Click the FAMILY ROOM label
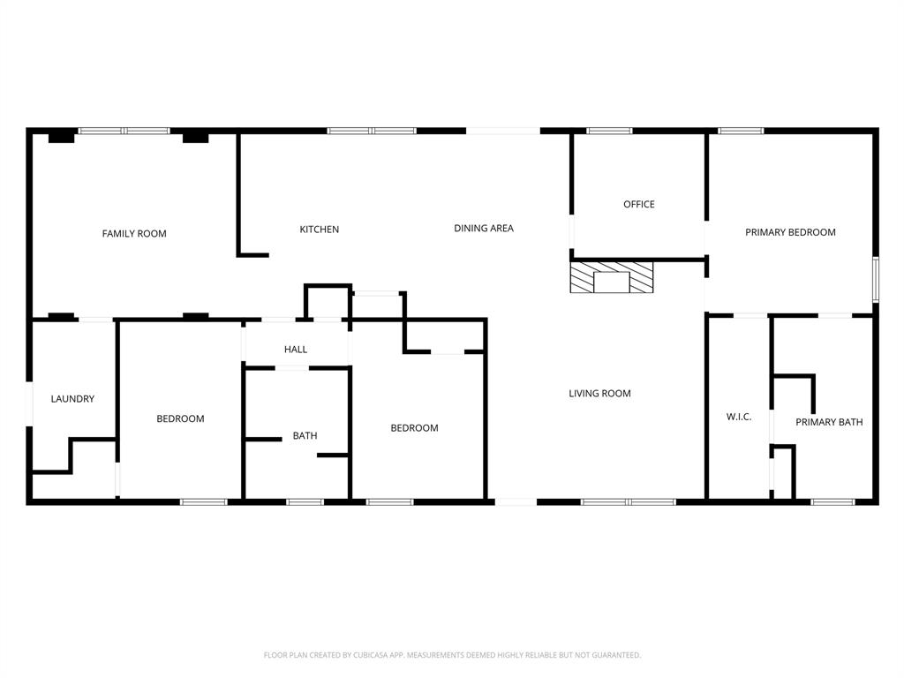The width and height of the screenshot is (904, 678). (x=134, y=234)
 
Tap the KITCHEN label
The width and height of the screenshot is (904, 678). (x=319, y=230)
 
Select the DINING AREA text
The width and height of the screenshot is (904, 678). (x=483, y=229)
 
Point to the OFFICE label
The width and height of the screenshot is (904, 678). (x=639, y=205)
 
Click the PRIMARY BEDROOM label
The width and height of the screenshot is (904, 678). (x=790, y=233)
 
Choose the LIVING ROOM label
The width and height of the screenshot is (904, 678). (x=599, y=394)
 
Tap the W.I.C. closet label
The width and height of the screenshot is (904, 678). (x=739, y=417)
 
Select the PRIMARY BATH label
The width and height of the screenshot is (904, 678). (x=829, y=423)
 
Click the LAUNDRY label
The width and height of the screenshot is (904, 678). (x=72, y=399)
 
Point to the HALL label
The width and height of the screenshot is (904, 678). (x=296, y=350)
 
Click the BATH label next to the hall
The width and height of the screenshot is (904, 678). (x=305, y=436)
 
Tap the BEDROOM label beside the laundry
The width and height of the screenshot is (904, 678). (x=180, y=419)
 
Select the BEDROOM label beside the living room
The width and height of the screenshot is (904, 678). (x=414, y=428)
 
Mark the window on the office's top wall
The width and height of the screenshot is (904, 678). (x=609, y=131)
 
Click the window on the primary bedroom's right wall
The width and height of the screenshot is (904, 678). (x=876, y=280)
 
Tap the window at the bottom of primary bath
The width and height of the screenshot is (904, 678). (x=832, y=501)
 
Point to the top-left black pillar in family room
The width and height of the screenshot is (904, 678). (x=61, y=137)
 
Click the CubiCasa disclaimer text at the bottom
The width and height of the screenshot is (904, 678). (x=452, y=655)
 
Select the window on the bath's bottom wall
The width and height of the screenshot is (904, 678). (x=305, y=501)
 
